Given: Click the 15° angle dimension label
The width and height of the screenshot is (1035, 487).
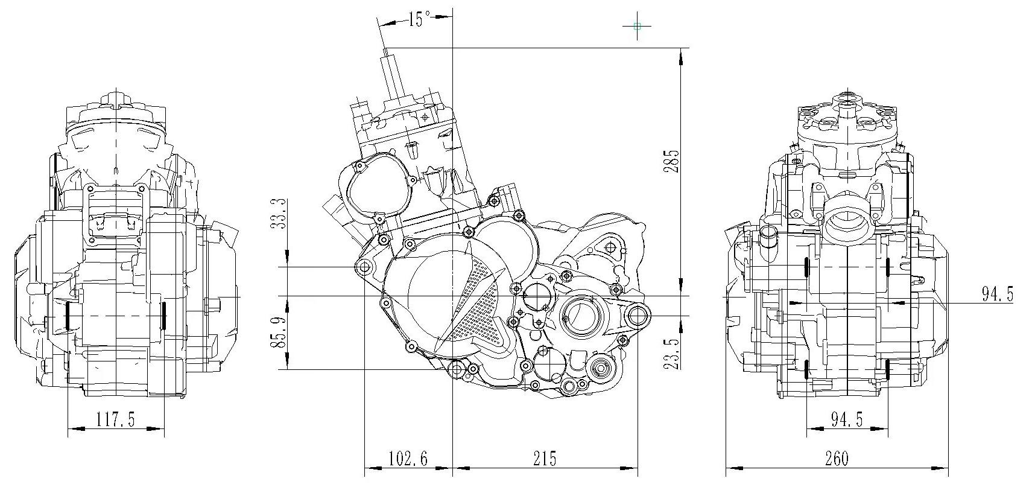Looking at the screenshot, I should pyautogui.click(x=417, y=19).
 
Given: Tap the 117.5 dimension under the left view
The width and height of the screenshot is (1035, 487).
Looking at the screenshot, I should pyautogui.click(x=115, y=419).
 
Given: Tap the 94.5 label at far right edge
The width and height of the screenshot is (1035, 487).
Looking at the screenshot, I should pyautogui.click(x=997, y=294).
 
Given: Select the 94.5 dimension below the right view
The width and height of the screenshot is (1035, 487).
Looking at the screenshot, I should pyautogui.click(x=846, y=419).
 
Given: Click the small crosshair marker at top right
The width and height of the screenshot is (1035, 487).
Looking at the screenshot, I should pyautogui.click(x=638, y=26).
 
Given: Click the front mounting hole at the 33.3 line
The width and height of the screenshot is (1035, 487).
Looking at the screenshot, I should pyautogui.click(x=364, y=267).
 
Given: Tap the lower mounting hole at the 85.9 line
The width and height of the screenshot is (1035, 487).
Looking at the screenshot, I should pyautogui.click(x=457, y=369).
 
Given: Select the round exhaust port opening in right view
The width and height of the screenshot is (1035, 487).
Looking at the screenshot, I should pyautogui.click(x=847, y=219).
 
